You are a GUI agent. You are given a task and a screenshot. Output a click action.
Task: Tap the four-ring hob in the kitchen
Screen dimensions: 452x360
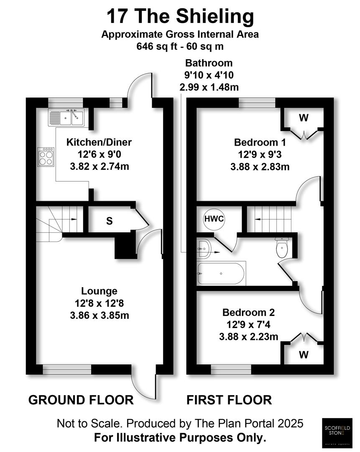tap(46, 157)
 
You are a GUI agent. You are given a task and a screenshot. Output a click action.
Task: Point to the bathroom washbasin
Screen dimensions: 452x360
tap(205, 249)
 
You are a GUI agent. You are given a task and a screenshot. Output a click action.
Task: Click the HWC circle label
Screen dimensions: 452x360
tap(214, 218)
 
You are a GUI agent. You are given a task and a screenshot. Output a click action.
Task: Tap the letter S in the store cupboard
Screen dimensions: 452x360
tap(109, 221)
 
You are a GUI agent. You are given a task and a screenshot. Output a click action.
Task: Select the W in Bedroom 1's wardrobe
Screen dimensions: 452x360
tap(304, 118)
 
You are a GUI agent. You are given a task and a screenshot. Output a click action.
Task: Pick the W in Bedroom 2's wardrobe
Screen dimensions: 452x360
tap(304, 355)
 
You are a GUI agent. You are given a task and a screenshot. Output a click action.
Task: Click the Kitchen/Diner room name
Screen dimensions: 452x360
tap(99, 142)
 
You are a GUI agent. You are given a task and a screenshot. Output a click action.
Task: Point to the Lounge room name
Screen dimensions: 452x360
tap(99, 291)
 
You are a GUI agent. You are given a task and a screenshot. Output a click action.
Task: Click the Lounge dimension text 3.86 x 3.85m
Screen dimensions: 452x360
tap(99, 315)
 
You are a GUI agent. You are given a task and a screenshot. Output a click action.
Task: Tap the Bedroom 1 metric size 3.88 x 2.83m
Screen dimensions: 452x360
tap(260, 166)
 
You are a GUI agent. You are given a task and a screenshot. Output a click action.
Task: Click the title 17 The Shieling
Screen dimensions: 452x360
tap(180, 17)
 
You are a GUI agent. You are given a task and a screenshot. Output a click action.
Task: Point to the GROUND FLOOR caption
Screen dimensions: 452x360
tap(81, 400)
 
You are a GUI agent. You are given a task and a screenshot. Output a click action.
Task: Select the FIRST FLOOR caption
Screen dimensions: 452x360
tap(229, 400)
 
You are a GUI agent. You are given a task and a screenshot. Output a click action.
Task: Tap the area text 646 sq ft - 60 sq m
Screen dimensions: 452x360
tap(180, 46)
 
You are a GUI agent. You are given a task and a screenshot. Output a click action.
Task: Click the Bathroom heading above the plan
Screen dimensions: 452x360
tap(209, 63)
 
